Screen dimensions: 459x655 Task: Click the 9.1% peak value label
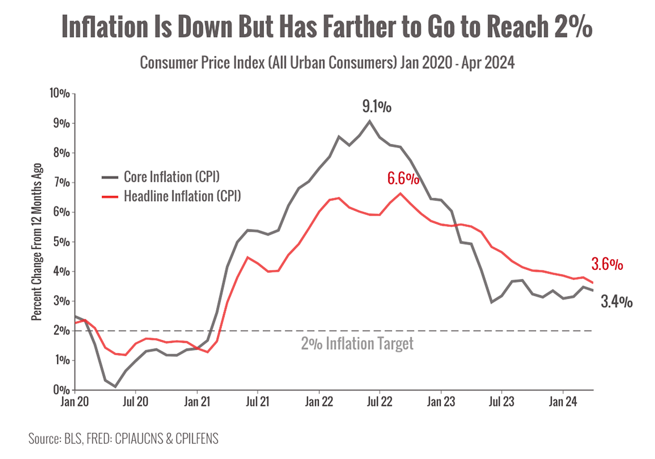tap(377, 107)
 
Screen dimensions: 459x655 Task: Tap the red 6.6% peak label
tap(403, 179)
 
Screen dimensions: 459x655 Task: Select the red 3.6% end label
tap(607, 264)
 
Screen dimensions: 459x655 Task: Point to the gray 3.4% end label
tap(617, 302)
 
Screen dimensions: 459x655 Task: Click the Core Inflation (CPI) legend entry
tap(172, 177)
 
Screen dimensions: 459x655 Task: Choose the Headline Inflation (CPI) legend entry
tap(182, 196)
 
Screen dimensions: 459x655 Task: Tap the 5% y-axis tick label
tap(62, 242)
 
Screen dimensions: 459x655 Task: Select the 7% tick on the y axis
tap(62, 183)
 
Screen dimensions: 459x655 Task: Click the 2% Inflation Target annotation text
tap(357, 345)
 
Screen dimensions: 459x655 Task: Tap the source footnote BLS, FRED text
tap(123, 438)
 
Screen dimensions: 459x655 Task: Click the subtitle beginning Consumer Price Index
tap(327, 64)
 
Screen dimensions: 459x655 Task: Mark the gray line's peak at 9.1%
tap(370, 120)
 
